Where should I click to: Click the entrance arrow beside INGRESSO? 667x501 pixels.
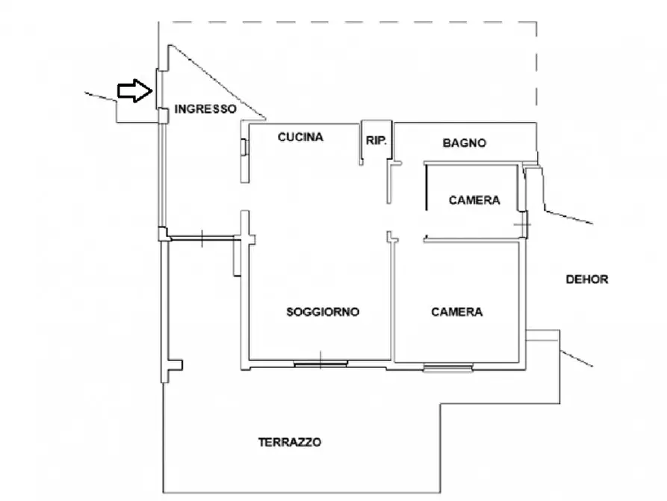[x=135, y=91]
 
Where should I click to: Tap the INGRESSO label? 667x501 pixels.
[x=205, y=109]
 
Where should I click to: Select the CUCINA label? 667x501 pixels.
[x=300, y=137]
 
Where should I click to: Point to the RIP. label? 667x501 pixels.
[x=376, y=140]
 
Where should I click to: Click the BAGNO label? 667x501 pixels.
[x=464, y=143]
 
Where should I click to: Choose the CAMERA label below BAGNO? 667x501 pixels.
[x=474, y=200]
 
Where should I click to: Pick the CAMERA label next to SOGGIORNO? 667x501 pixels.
[x=456, y=312]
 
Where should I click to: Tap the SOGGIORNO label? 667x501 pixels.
[x=323, y=312]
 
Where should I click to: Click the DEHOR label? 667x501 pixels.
[x=587, y=280]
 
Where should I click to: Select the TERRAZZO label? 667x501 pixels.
[x=290, y=442]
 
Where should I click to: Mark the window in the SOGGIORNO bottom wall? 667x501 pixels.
[x=320, y=364]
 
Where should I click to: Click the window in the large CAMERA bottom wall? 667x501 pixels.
[x=447, y=366]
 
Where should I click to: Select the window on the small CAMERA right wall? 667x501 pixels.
[x=526, y=222]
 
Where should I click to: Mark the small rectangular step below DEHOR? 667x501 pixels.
[x=542, y=335]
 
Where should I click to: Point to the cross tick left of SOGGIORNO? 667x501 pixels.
[x=202, y=238]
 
